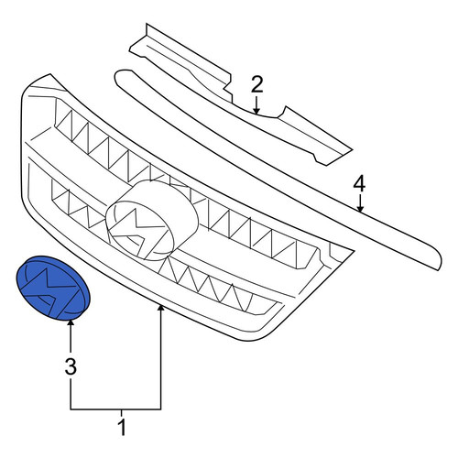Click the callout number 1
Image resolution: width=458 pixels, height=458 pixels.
coord(122,428)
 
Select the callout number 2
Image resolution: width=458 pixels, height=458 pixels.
coord(256,85)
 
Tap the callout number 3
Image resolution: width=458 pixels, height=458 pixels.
coord(71,366)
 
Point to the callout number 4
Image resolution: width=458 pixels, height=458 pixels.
coord(359,184)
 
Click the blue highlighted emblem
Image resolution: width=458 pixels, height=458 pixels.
coord(53,288)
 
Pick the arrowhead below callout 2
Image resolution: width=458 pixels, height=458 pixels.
coord(256,111)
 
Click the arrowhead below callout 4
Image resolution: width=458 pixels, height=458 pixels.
coord(360,208)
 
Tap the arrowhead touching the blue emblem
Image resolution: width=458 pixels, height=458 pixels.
coord(71,322)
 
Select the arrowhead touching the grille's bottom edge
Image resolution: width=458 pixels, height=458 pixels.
coord(160,309)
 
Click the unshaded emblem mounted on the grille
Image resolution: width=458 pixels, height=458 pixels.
coord(152,221)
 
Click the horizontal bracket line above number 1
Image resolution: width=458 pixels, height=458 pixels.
coord(115,409)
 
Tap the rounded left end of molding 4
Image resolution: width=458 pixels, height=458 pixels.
coord(117,77)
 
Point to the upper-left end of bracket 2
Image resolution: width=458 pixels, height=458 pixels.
coord(147,24)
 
